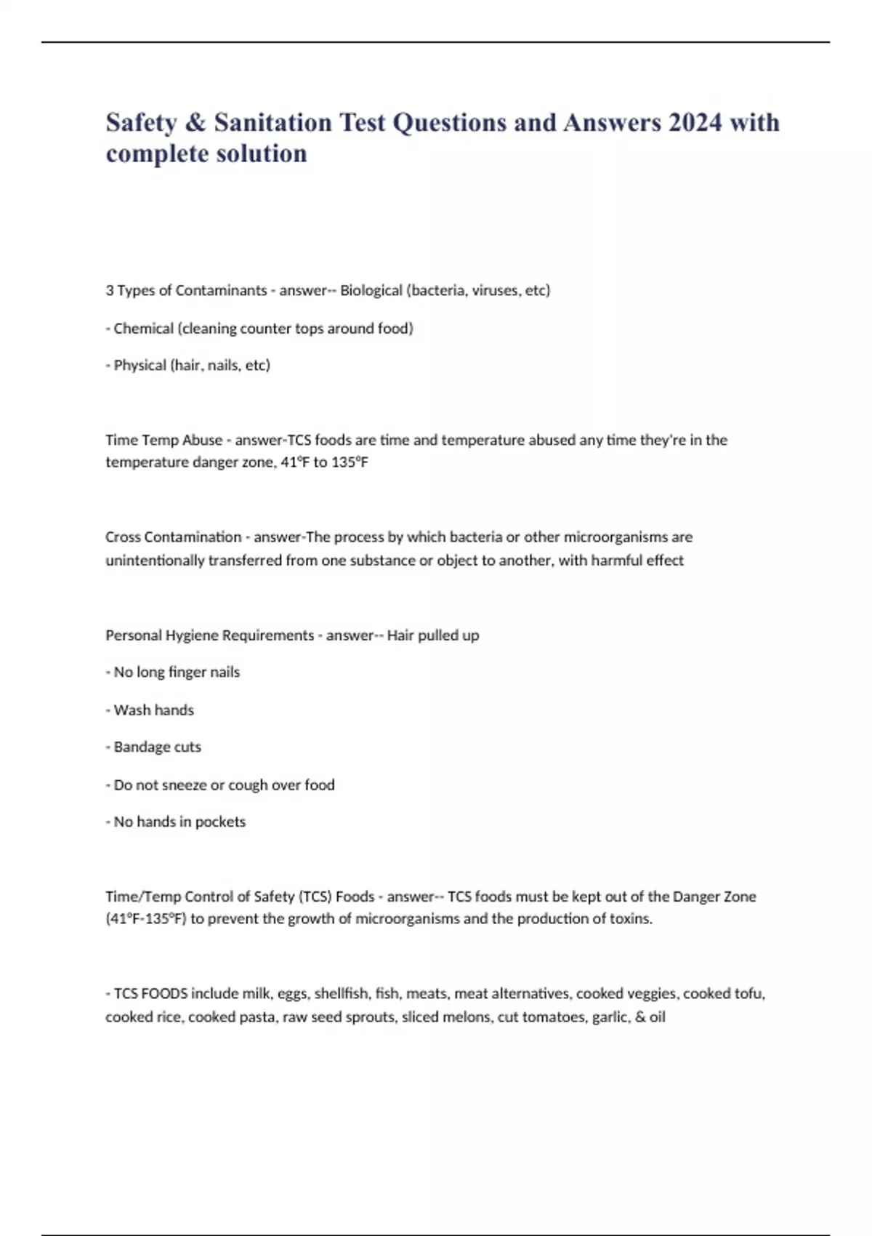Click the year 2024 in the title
[695, 122]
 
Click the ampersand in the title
[195, 122]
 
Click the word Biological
[371, 290]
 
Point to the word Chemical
[143, 328]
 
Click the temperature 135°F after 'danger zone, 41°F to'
[350, 462]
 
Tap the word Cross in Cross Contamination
[123, 537]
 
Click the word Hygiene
[192, 635]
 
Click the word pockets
[221, 822]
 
